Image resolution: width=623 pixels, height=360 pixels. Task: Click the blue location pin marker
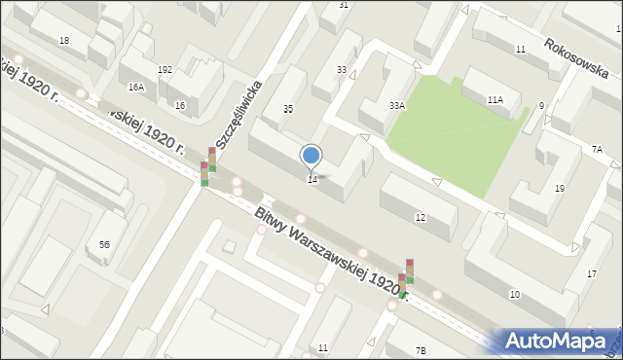tap(311, 156)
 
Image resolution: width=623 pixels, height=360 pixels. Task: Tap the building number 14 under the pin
tap(311, 180)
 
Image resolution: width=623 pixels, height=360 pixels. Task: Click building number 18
tap(64, 40)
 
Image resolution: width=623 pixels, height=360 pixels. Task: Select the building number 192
tap(165, 70)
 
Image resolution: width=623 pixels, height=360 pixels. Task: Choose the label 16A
tap(136, 88)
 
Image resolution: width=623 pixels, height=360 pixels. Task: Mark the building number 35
tap(288, 108)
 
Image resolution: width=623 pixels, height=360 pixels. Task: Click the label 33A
tap(397, 105)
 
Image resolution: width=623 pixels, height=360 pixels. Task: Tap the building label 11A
tap(495, 99)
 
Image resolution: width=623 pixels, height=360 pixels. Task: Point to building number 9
tap(541, 105)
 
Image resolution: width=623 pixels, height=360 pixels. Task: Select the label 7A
tap(597, 149)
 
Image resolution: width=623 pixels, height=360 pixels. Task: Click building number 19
tap(560, 188)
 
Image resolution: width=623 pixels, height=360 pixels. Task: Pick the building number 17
tap(592, 273)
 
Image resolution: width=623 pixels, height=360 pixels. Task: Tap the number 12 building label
tap(420, 217)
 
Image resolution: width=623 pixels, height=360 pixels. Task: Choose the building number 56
tap(104, 244)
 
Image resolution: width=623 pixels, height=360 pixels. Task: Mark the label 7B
tap(421, 349)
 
